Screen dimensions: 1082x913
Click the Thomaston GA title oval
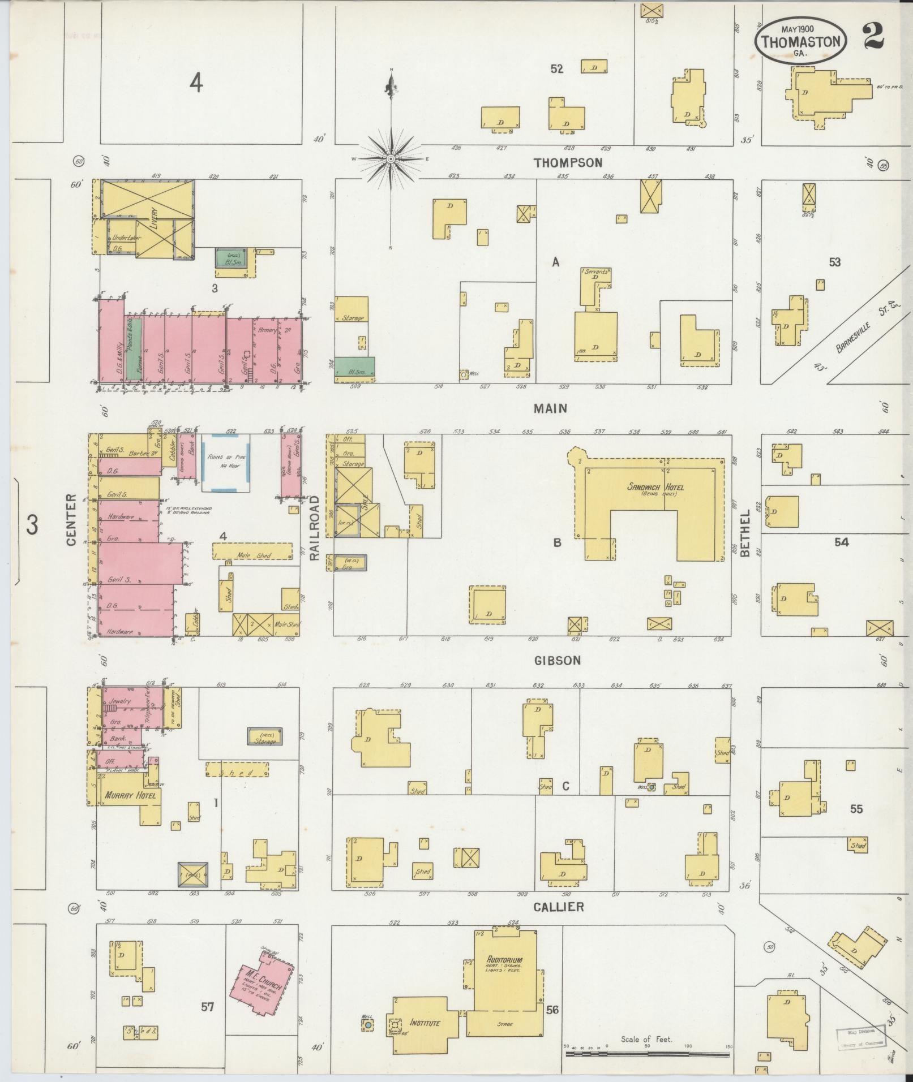(800, 39)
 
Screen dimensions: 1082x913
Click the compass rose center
(390, 160)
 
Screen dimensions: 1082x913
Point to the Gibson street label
(557, 661)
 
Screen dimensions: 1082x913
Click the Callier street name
(558, 907)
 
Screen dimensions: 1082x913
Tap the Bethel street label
(745, 533)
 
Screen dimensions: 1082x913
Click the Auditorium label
(503, 959)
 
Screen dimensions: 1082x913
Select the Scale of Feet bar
(647, 1054)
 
